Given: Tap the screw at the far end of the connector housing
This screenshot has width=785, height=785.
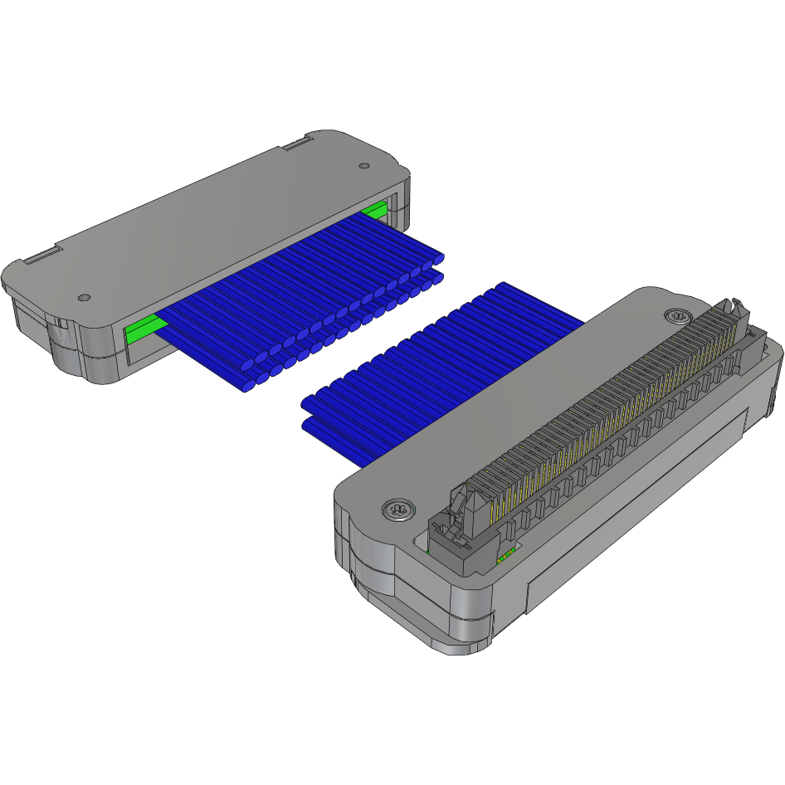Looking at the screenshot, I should click(x=677, y=316).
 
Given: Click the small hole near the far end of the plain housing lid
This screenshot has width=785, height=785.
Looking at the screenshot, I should click(x=363, y=166).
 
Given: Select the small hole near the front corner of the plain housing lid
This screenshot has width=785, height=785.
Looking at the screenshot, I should click(x=83, y=297).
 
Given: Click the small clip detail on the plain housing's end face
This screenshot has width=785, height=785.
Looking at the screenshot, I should click(x=60, y=322).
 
